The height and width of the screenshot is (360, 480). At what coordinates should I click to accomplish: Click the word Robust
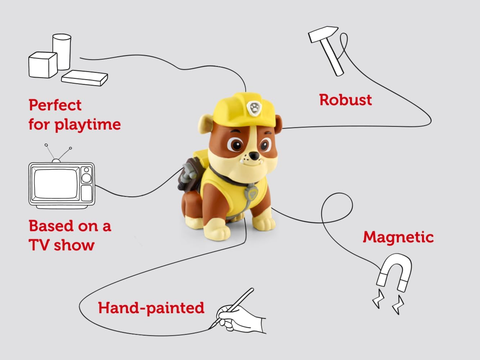(x=345, y=100)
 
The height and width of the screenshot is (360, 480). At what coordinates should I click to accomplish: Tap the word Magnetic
(x=398, y=237)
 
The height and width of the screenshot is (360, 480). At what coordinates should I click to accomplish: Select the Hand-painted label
(x=151, y=308)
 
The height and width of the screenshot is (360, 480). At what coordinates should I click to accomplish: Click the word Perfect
(x=55, y=105)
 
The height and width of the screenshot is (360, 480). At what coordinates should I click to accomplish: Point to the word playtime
(x=88, y=125)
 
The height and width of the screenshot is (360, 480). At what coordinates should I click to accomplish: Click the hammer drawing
(x=328, y=49)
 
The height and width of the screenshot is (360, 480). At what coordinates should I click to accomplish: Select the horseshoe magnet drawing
(x=394, y=272)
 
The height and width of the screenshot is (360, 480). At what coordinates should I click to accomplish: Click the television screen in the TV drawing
(x=55, y=184)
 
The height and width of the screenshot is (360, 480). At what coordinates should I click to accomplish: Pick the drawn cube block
(x=42, y=65)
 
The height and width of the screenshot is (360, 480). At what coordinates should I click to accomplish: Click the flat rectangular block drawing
(x=85, y=77)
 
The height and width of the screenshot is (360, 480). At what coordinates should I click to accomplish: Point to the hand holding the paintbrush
(x=245, y=319)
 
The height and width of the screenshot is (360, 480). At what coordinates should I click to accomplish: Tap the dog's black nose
(x=255, y=156)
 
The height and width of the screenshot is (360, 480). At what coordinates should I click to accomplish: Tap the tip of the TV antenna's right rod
(x=71, y=148)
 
